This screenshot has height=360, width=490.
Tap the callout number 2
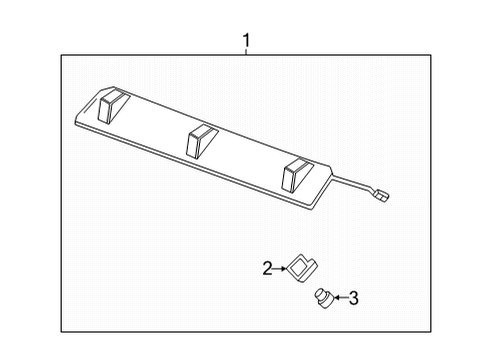click(x=267, y=267)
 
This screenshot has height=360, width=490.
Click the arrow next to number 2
click(x=281, y=267)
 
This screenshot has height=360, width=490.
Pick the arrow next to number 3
click(x=338, y=297)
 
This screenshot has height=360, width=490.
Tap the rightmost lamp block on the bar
click(x=296, y=175)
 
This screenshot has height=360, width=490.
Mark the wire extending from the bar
click(x=350, y=182)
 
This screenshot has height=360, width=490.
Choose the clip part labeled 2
click(x=301, y=268)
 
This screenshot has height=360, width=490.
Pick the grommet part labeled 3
click(x=322, y=296)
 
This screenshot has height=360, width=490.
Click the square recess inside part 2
click(x=300, y=266)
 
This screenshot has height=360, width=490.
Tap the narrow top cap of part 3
click(x=320, y=291)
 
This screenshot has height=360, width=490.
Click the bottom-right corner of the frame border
click(x=432, y=338)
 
